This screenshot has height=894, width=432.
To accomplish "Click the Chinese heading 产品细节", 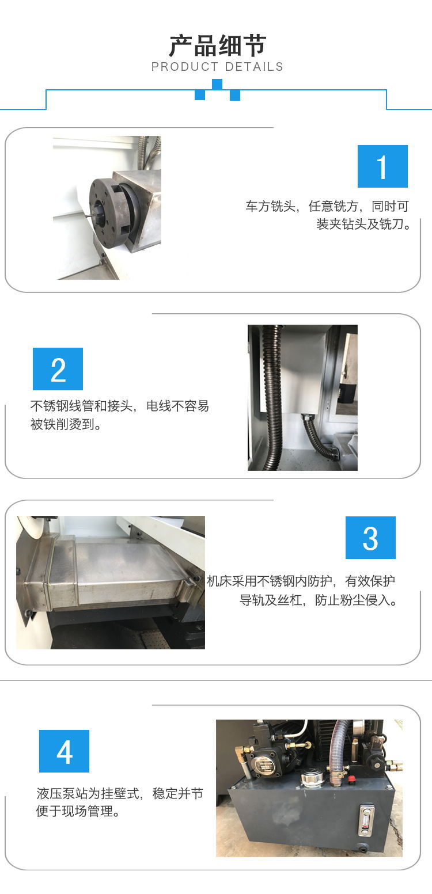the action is point(218,46).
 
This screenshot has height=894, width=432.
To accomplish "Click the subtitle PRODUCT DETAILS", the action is point(217,67).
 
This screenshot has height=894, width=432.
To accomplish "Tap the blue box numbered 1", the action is point(382,166).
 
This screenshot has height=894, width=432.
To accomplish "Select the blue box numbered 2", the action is point(58,369).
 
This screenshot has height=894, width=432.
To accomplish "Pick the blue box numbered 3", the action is point(370,538).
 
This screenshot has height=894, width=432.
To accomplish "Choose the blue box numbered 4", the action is point(64,751).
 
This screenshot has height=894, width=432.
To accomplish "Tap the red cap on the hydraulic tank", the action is point(352,779).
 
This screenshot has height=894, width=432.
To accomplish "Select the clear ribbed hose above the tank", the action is point(339,745).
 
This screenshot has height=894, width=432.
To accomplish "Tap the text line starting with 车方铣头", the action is point(327,206).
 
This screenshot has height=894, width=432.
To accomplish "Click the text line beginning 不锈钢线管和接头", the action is point(120,406).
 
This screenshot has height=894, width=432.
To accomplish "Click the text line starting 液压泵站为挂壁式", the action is point(120,793).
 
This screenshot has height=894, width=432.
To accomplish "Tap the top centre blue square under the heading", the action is point(217,84).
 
